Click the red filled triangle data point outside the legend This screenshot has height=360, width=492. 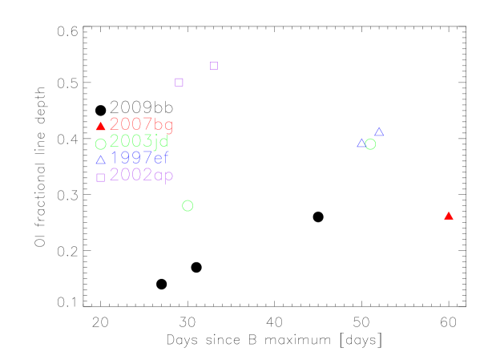click(x=449, y=216)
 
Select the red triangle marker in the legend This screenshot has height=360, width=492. click(x=100, y=127)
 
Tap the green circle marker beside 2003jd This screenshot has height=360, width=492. click(x=100, y=144)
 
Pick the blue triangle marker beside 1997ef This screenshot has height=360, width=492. click(x=100, y=160)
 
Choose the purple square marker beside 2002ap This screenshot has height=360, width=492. click(x=100, y=177)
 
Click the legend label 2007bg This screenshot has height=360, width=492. click(x=141, y=125)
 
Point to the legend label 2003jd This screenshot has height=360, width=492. click(x=139, y=142)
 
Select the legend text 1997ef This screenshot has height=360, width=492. click(x=140, y=158)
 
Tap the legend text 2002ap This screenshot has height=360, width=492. click(x=141, y=175)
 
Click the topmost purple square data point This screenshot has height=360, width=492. click(x=214, y=66)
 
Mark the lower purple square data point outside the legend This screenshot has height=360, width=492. click(x=179, y=82)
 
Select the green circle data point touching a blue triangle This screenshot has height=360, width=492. click(x=370, y=144)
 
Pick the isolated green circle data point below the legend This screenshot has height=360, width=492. click(x=188, y=206)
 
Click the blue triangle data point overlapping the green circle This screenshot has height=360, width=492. click(x=361, y=144)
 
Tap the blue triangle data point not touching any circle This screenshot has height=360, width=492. click(x=379, y=131)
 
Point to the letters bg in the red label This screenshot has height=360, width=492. click(x=163, y=126)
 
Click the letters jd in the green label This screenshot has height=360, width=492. click(x=161, y=142)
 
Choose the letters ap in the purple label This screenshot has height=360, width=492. click(x=164, y=176)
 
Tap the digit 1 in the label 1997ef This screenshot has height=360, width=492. click(x=114, y=158)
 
